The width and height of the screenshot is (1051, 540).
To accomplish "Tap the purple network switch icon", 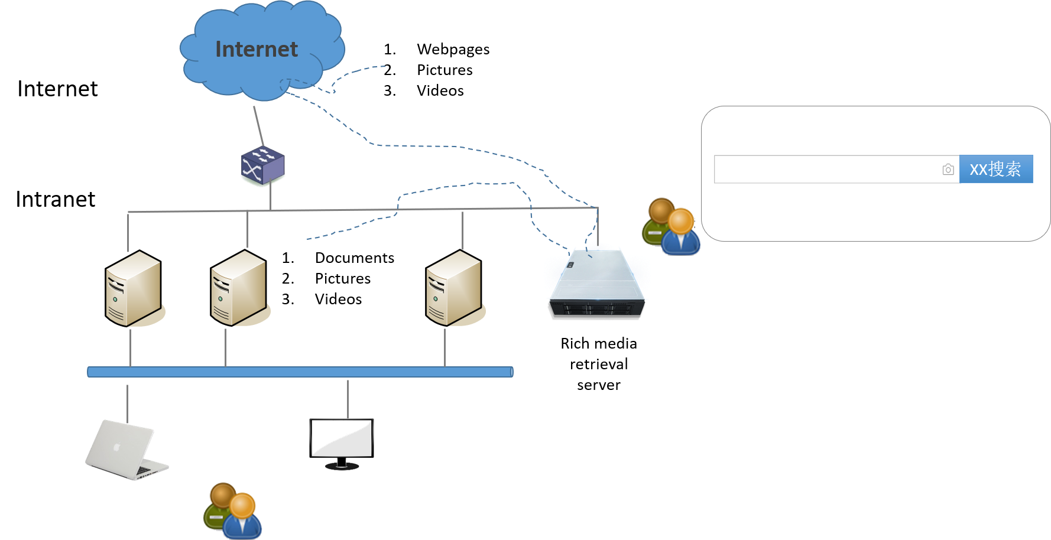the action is (x=262, y=165).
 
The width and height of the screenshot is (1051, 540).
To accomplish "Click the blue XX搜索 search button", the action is (x=996, y=169).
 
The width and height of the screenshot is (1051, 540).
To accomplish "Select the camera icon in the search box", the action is (x=948, y=170).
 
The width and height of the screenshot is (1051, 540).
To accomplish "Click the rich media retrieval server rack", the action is (x=597, y=284).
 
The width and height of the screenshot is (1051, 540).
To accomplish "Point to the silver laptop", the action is (x=126, y=450).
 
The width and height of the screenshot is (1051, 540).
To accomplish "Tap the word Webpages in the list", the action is (x=453, y=49).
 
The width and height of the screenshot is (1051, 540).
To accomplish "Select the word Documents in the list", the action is (x=355, y=258).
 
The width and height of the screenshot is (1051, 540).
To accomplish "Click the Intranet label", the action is (x=56, y=199).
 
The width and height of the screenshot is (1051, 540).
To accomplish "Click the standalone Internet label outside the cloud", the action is (x=57, y=89).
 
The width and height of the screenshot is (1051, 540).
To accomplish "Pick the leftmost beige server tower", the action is (x=134, y=288).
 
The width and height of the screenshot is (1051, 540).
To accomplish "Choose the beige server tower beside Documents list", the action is (x=239, y=288).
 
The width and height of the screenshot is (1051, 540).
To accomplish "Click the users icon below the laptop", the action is (x=232, y=510).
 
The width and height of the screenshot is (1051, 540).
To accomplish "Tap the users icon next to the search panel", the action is (x=671, y=226).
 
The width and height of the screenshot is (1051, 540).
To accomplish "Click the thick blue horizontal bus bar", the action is (x=300, y=372).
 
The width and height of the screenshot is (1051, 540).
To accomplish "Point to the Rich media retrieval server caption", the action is (x=599, y=364).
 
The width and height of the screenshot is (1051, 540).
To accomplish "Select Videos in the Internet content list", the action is (x=440, y=90).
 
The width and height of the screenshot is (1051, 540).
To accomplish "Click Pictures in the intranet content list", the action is (x=343, y=278).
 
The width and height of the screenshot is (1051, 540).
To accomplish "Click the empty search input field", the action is (x=828, y=170).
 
